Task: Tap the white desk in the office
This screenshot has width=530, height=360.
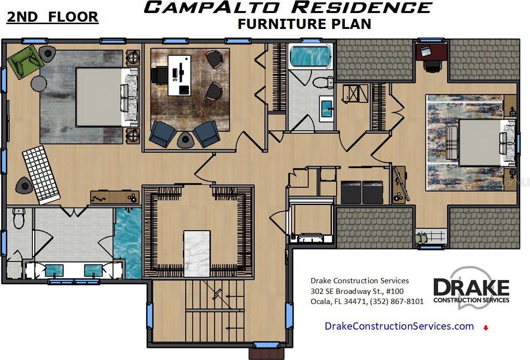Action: (x=179, y=75)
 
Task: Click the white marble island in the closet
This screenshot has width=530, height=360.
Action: (x=197, y=254)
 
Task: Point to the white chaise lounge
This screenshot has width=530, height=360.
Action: (x=41, y=175)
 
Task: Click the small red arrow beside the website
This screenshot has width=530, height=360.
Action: (x=486, y=328)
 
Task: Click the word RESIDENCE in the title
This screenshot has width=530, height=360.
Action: (x=362, y=7)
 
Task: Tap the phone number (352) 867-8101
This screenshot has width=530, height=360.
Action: (x=397, y=302)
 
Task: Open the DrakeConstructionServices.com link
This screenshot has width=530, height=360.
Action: (x=399, y=326)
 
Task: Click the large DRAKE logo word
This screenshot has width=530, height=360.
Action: (x=471, y=287)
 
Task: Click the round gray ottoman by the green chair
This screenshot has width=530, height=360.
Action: (x=39, y=83)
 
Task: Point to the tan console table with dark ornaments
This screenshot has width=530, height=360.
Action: (x=115, y=197)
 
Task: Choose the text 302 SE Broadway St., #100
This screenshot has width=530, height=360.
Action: (x=357, y=291)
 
